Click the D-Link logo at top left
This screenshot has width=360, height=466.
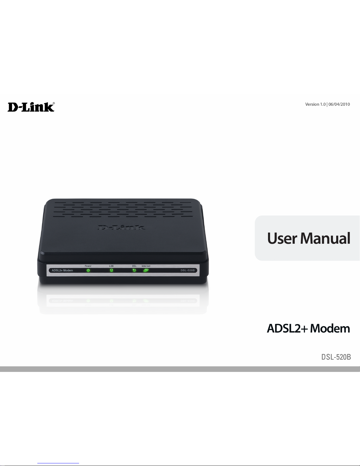(31, 107)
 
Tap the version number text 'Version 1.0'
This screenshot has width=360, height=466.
(315, 104)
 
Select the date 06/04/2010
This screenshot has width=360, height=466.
(339, 104)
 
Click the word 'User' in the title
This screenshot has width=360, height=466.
(282, 238)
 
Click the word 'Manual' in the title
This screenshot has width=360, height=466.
(325, 238)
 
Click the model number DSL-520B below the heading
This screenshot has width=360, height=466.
(336, 357)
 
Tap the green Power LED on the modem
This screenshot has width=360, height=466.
(88, 270)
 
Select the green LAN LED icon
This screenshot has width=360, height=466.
(111, 270)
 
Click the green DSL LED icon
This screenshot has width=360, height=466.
(134, 270)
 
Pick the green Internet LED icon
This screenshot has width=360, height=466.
(146, 270)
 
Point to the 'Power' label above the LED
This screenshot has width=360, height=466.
(88, 266)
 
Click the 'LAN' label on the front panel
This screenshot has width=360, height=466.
(111, 266)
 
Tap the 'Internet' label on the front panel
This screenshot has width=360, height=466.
(146, 266)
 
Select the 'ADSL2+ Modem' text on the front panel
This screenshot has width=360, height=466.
(62, 270)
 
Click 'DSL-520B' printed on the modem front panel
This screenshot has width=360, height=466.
(187, 270)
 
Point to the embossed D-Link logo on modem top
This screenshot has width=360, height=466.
(121, 227)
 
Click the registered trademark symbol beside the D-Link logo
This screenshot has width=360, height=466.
(53, 103)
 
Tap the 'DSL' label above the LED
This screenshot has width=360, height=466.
(134, 266)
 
